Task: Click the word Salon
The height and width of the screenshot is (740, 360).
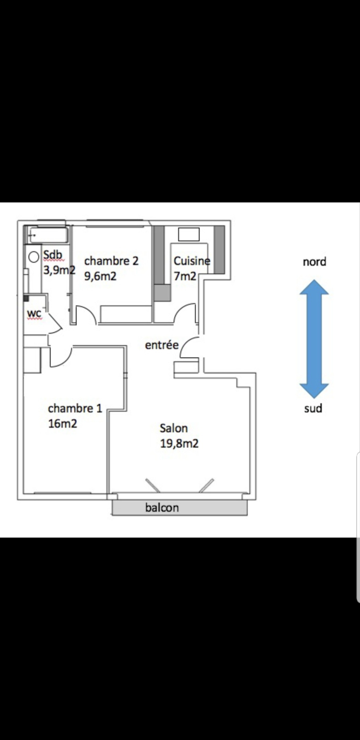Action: [x=174, y=428]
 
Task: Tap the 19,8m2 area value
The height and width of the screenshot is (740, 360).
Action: [x=179, y=444]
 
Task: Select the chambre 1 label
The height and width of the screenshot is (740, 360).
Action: [x=75, y=408]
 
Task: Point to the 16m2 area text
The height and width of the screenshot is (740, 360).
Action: [x=63, y=424]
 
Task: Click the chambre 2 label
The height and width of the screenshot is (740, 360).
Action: [x=111, y=261]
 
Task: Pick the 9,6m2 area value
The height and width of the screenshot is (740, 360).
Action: [x=100, y=276]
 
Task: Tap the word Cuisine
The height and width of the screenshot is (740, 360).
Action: [x=192, y=261]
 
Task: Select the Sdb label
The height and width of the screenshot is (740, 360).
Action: [x=53, y=255]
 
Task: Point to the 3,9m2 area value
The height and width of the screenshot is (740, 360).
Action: [x=59, y=270]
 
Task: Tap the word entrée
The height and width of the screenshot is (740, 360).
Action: [x=162, y=345]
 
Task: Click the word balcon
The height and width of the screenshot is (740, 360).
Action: [x=162, y=508]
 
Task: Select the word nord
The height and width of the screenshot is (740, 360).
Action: [x=315, y=262]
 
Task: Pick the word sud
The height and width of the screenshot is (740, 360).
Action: [x=313, y=408]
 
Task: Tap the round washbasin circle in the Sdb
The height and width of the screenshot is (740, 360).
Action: [x=34, y=257]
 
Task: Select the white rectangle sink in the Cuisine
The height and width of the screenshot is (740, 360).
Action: [x=189, y=235]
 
